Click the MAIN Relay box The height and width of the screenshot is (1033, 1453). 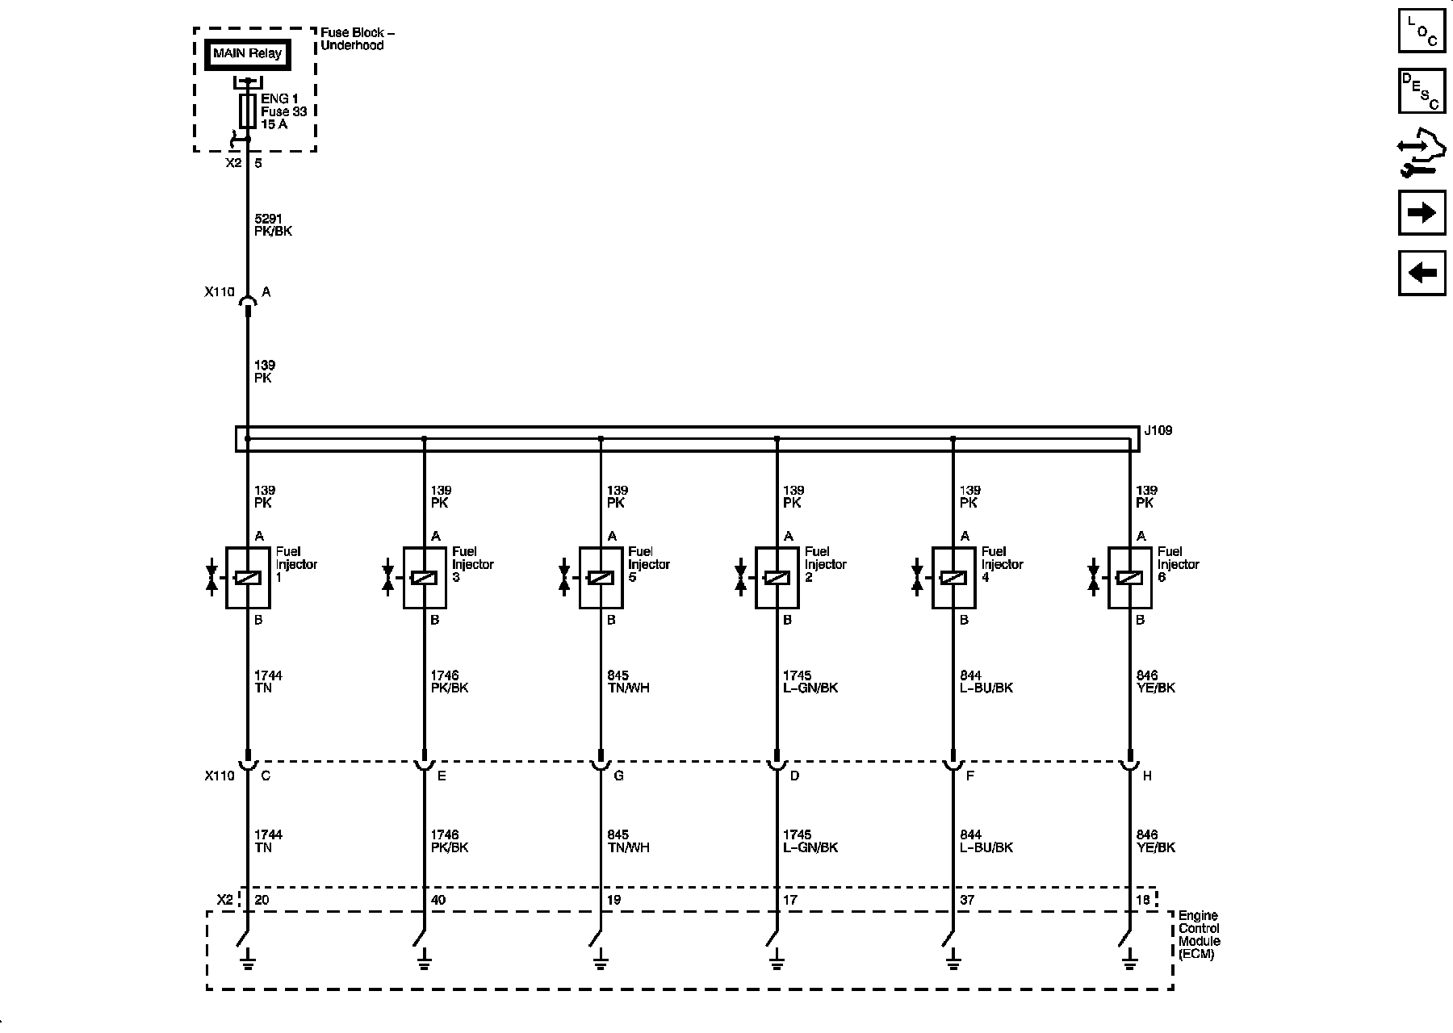point(247,55)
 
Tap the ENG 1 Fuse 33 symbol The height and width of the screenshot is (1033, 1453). point(248,111)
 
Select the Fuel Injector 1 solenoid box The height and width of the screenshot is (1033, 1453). point(248,578)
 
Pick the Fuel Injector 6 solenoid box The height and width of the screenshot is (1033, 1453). point(1129,578)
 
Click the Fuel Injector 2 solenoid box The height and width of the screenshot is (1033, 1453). point(777,578)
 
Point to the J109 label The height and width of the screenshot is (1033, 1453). point(1158,431)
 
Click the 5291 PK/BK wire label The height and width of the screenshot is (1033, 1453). point(273,225)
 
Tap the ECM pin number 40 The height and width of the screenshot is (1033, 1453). point(438,900)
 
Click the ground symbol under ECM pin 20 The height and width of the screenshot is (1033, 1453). point(248,960)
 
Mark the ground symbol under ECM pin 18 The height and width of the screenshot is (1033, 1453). point(1129,960)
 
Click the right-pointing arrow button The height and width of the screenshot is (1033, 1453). point(1422,212)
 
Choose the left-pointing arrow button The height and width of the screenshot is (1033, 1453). point(1422,273)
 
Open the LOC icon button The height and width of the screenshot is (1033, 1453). point(1422,31)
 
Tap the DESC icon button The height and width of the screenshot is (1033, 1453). point(1422,91)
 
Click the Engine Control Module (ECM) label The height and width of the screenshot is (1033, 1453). point(1200,935)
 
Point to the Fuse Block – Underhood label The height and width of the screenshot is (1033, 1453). point(358,39)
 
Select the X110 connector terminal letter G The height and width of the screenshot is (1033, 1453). point(619,776)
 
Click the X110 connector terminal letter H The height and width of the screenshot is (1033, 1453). point(1147,776)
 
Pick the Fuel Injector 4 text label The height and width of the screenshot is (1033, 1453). point(1002,564)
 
